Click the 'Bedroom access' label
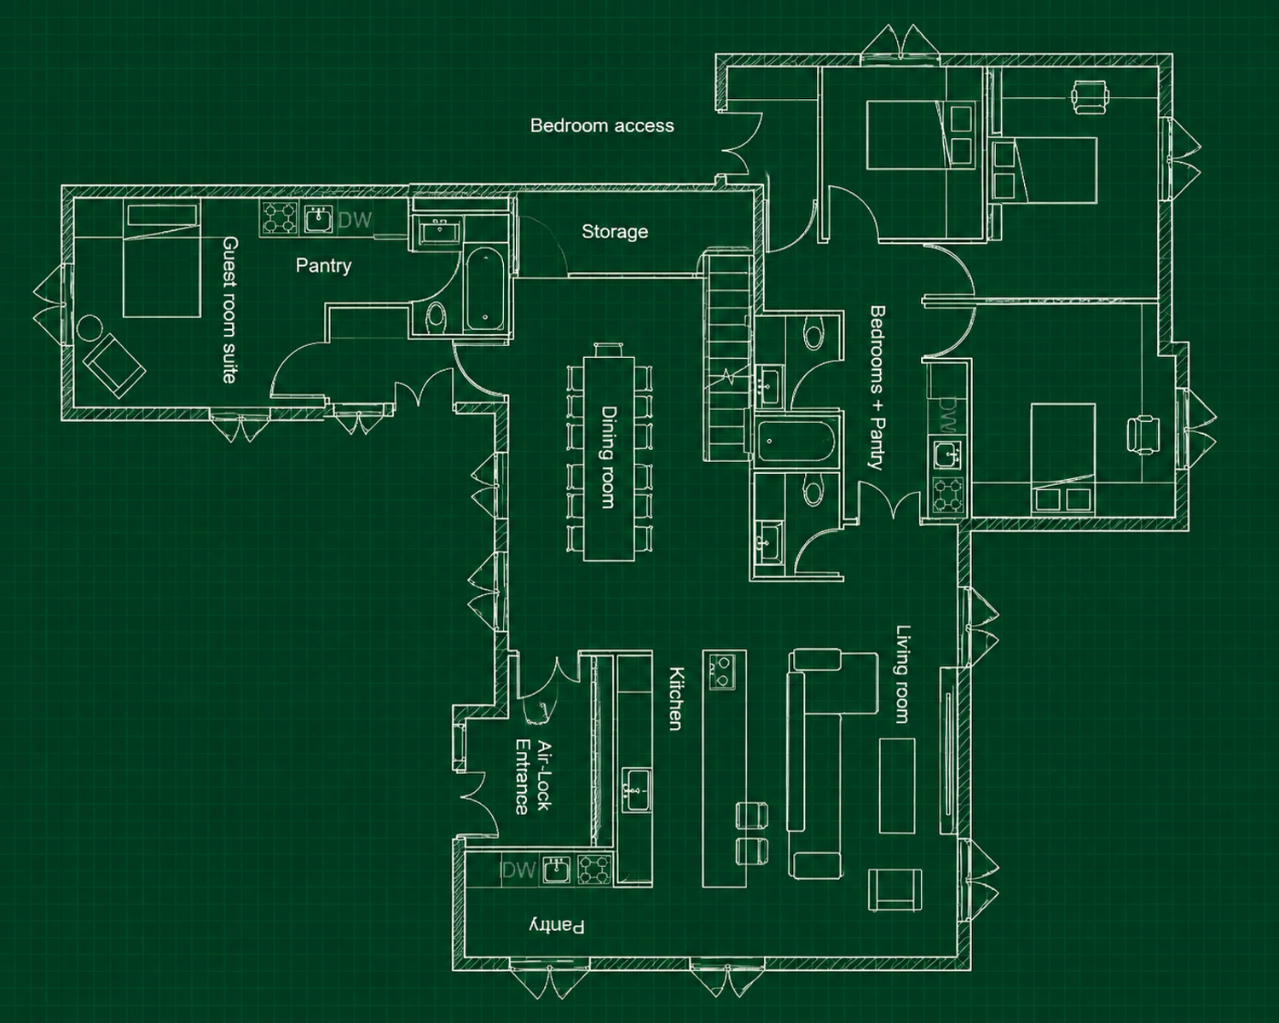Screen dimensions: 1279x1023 coord(602,125)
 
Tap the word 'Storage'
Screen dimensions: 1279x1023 coord(615,231)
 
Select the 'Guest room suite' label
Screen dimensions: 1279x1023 coord(230,309)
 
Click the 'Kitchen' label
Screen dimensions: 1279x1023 coord(677,698)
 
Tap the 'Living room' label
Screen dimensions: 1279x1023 coord(903,674)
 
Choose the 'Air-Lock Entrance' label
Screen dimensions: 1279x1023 coord(533,777)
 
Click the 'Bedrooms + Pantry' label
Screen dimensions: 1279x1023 coord(877,388)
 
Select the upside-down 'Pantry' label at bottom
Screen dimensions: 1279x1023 coord(557,927)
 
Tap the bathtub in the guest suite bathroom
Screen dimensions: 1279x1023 coord(485,290)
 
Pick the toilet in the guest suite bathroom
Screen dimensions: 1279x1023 coord(437,316)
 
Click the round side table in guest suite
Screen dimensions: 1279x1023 coord(90,328)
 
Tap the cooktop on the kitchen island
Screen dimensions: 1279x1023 coord(722,672)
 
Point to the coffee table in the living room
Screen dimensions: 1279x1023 coord(897,786)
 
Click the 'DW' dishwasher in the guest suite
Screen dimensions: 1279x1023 coord(355,221)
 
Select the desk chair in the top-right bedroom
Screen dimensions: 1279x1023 coord(1091,96)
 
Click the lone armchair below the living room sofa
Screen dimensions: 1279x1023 coord(895,890)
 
